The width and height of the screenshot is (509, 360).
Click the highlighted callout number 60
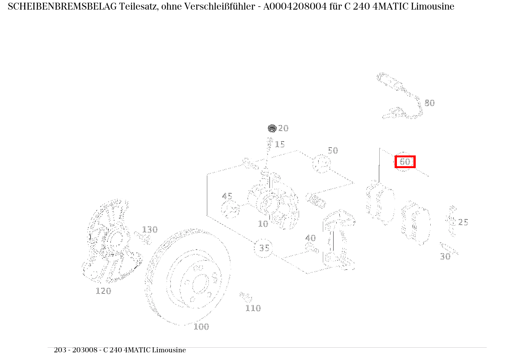pos(405,162)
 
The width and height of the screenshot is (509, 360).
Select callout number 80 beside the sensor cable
pos(430,103)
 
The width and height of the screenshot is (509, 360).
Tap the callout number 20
pos(283,128)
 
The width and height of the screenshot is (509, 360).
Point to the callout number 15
pos(280,144)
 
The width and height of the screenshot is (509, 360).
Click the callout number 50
pos(333,150)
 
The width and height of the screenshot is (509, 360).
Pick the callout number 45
pos(227,196)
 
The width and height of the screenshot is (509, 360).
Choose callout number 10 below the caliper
pos(263,224)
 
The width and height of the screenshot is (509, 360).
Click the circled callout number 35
pos(264,248)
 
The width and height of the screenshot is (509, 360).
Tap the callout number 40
pos(311,238)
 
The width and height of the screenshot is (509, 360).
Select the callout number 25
pos(463,222)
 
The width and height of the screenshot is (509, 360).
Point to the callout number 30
pos(445,257)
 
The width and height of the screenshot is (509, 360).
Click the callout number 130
pos(150,230)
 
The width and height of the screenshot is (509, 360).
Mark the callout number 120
pos(103,291)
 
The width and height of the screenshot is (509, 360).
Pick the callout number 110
pos(253,308)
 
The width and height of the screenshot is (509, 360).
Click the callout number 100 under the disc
pos(201,327)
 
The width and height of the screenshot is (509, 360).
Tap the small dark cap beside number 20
pos(272,128)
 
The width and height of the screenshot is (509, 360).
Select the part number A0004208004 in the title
pos(295,7)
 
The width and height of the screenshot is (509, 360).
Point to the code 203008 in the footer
pos(85,350)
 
